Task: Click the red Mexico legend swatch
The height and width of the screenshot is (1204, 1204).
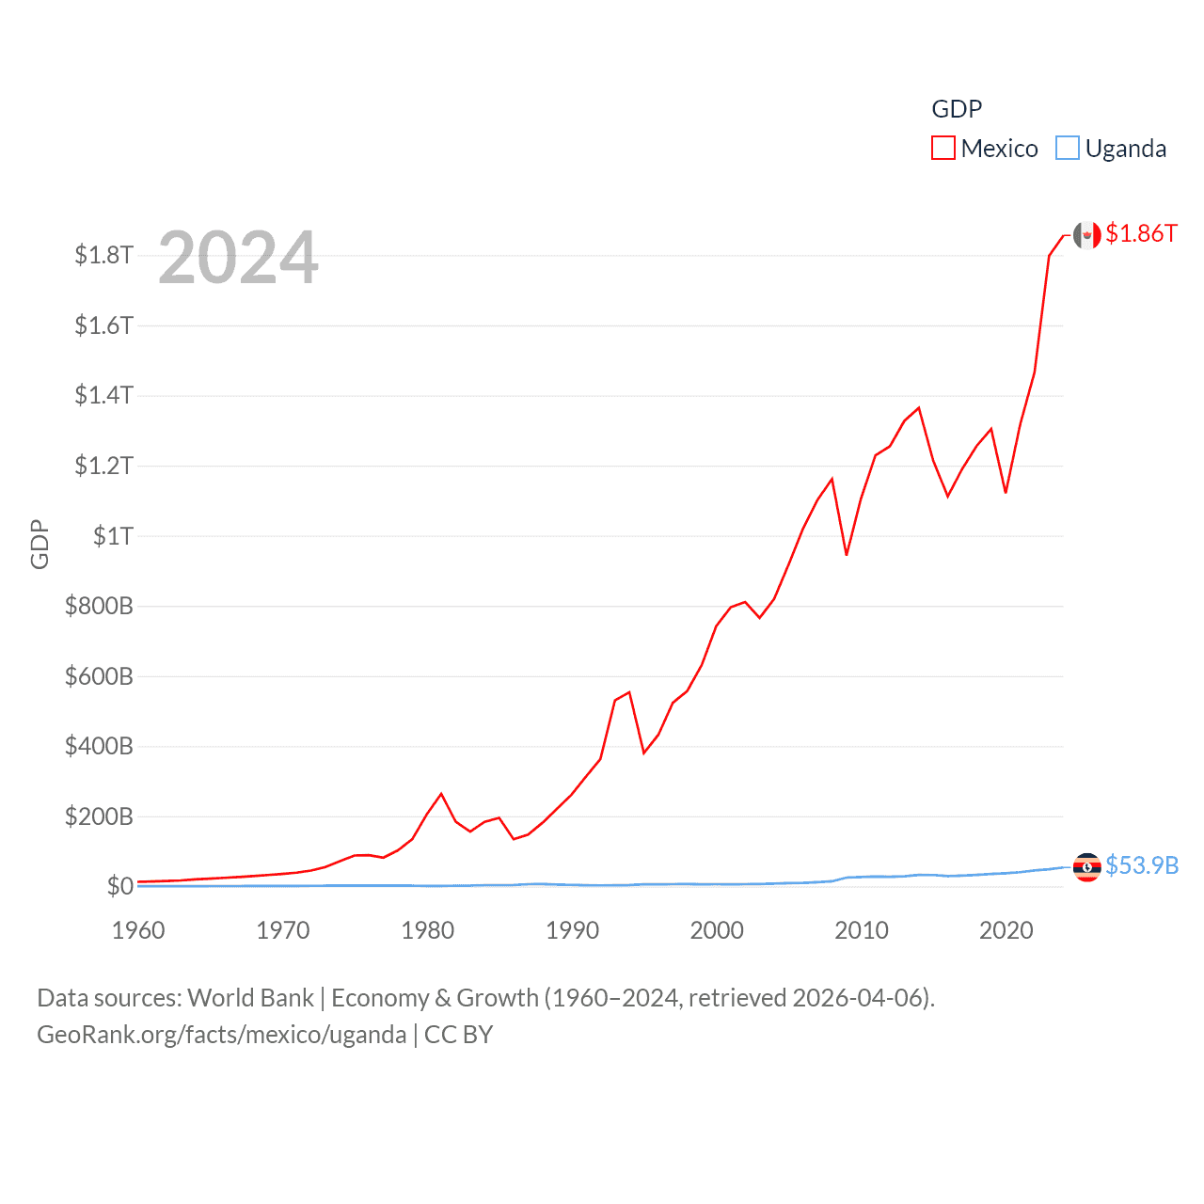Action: point(943,149)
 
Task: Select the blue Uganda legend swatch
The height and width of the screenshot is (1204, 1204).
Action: point(1067,149)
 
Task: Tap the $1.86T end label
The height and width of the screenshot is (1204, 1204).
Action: point(1141,233)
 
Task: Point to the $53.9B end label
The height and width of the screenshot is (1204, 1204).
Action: point(1142,865)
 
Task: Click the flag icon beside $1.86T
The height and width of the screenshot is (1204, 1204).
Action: point(1086,235)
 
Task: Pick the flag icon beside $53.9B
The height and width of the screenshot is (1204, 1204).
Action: point(1086,866)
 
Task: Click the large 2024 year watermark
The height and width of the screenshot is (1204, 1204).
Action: point(238,258)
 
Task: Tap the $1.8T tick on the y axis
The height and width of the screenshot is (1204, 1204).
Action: point(103,255)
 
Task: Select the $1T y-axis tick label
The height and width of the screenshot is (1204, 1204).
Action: point(113,536)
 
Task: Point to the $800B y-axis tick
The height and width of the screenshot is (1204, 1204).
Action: point(99,606)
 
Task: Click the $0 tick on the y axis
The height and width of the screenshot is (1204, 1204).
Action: point(119,886)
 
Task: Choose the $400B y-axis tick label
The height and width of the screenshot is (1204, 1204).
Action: point(99,747)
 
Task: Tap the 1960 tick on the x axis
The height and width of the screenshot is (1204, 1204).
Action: point(138,930)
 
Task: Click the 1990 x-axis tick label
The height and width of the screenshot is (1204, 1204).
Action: point(572,930)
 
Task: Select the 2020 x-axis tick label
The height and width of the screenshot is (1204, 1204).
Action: point(1006,930)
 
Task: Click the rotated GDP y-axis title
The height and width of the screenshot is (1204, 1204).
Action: point(40,544)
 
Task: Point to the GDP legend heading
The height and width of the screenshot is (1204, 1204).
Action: point(957,109)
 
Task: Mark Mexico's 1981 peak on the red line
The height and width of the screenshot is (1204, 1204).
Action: point(441,794)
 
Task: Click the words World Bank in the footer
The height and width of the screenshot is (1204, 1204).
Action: point(250,997)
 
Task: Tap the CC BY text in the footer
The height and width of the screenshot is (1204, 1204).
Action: point(458,1035)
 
